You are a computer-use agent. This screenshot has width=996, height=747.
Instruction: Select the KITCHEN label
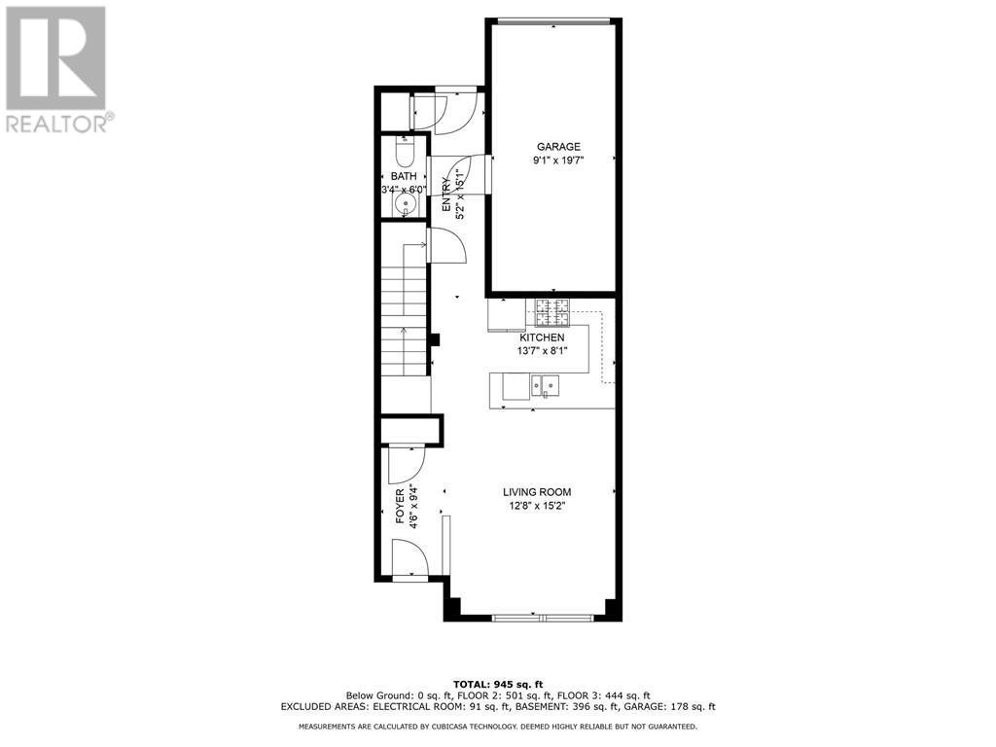[x=542, y=338]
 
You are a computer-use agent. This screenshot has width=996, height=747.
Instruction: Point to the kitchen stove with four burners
[x=551, y=311]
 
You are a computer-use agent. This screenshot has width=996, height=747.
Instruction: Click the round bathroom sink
[x=407, y=203]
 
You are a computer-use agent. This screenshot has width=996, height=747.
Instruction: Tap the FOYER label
[x=400, y=506]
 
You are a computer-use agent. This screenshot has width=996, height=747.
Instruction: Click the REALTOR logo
[x=57, y=69]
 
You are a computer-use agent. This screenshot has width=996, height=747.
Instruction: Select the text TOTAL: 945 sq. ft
[x=498, y=684]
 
